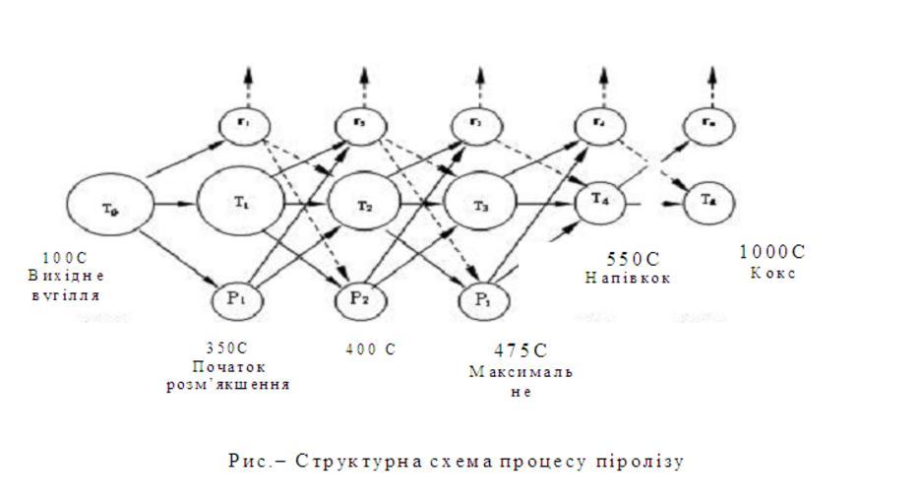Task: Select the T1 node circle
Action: [x=240, y=202]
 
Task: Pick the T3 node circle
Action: [x=480, y=205]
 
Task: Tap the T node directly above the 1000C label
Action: [x=708, y=200]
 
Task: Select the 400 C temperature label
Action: [x=371, y=348]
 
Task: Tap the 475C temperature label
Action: [x=521, y=350]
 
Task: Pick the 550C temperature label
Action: [x=633, y=259]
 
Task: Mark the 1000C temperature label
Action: [x=772, y=252]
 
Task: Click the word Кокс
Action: [x=772, y=273]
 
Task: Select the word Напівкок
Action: [x=628, y=279]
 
